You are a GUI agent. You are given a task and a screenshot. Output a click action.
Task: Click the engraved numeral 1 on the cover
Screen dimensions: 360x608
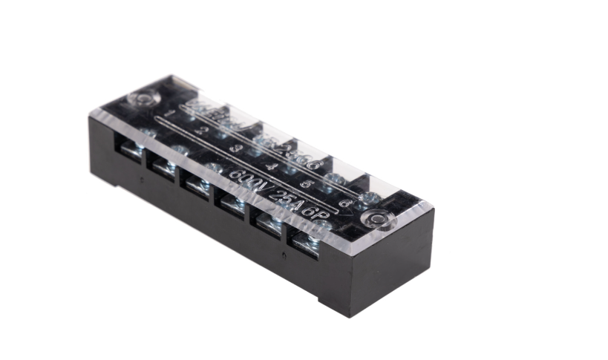(171, 114)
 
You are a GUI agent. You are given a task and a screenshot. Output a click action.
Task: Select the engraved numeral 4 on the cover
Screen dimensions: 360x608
(273, 166)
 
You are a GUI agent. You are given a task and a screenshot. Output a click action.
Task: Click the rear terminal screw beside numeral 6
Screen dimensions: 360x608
(369, 197)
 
